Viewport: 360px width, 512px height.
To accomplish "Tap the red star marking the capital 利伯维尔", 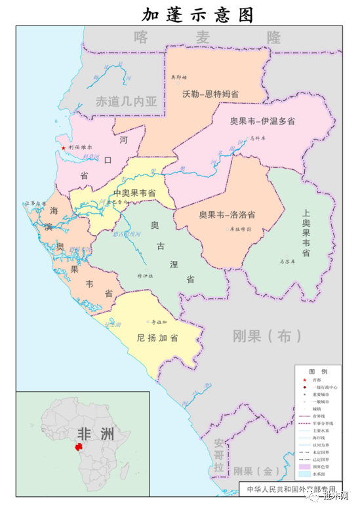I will [64, 148].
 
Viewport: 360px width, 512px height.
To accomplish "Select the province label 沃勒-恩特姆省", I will [210, 94].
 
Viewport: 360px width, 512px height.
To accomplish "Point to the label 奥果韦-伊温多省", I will [262, 121].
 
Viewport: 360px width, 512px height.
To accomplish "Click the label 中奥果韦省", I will [134, 193].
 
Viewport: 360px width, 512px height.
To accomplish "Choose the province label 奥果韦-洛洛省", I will [228, 214].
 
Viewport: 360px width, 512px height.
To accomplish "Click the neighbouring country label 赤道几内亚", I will [127, 102].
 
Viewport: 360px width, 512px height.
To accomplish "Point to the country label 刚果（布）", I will [262, 336].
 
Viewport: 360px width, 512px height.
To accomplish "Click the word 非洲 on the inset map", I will [95, 435].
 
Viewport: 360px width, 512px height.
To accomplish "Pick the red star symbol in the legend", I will [304, 380].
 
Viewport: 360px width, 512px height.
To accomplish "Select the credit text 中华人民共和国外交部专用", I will [290, 490].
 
